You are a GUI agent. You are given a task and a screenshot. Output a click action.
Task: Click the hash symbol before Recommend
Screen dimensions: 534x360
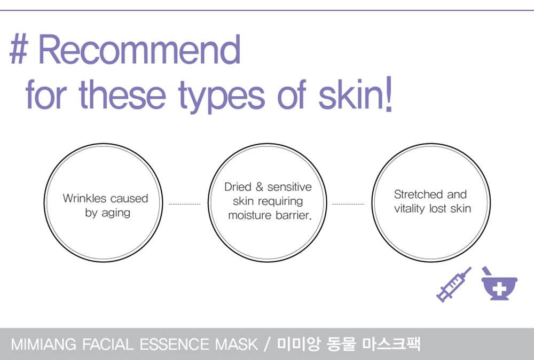tap(18, 49)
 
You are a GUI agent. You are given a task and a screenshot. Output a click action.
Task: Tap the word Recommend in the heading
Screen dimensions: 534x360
tap(139, 49)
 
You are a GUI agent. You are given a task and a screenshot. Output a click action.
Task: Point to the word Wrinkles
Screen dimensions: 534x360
tap(84, 198)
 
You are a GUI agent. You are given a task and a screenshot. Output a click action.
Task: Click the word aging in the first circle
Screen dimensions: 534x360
tap(116, 213)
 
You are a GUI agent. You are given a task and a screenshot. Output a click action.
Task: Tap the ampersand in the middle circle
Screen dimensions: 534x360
tap(260, 186)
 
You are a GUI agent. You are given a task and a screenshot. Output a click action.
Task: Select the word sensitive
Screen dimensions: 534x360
tap(289, 186)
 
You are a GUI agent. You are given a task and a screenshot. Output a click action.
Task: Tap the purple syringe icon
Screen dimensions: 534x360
tap(454, 284)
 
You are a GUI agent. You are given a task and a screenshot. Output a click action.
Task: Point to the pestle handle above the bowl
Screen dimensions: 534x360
tap(486, 271)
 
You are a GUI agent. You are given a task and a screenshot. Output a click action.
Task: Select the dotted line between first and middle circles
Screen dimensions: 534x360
tap(185, 205)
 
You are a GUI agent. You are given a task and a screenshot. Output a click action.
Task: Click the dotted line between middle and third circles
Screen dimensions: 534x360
tap(348, 205)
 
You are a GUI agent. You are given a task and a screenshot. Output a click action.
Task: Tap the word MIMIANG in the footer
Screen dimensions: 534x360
tap(44, 345)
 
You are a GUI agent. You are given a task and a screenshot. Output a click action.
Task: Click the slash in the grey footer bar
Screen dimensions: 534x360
tap(266, 345)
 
